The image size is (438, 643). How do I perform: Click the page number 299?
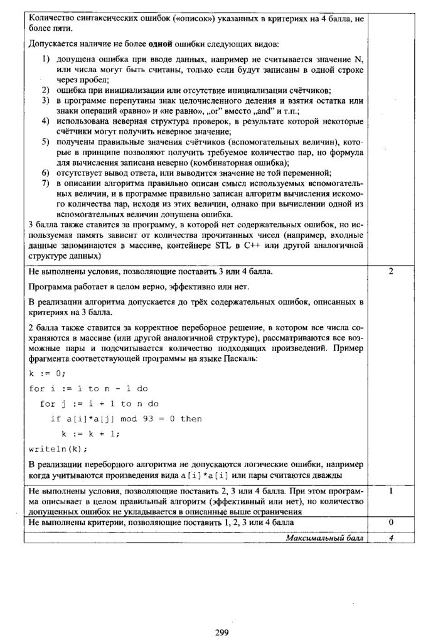coord(221,632)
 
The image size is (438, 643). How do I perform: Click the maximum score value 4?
coord(390,538)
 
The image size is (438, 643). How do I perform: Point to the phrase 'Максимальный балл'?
coord(324,538)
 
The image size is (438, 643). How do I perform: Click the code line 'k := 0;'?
coord(47,373)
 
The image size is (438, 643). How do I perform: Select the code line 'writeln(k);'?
coord(59,449)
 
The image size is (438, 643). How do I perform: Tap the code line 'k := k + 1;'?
coord(90,434)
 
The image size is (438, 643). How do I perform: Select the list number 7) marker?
coord(46,183)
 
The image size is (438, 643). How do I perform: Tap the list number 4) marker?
coord(46,121)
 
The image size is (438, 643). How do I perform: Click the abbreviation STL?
coord(223,245)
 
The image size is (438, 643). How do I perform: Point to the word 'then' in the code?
coord(191,419)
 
